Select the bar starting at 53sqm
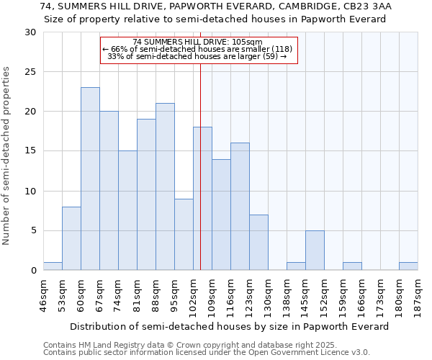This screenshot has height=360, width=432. [x=71, y=238]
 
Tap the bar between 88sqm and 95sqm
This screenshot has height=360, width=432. [x=165, y=186]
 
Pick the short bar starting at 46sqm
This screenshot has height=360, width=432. [x=53, y=266]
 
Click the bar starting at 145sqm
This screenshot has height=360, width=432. [x=315, y=250]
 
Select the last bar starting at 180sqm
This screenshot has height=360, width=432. [x=408, y=266]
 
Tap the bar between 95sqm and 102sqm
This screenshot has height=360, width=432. [x=184, y=234]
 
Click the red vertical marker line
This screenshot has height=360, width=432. [x=200, y=166]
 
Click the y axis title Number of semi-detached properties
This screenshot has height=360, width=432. [x=7, y=155]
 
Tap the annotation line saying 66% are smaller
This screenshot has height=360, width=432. [x=198, y=49]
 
